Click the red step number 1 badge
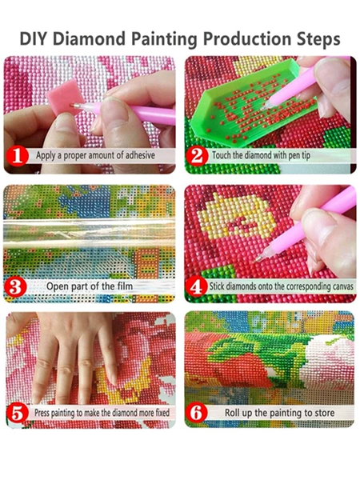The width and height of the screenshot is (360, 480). tap(17, 156)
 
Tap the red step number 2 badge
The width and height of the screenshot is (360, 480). tap(197, 156)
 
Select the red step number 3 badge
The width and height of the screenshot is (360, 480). tap(15, 287)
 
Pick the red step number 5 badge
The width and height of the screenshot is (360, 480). tap(17, 414)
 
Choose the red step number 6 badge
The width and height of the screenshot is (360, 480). tap(196, 414)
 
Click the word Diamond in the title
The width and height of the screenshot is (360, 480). tap(91, 39)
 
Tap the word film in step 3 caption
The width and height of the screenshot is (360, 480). tap(125, 286)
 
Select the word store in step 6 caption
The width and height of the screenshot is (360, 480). tap(322, 413)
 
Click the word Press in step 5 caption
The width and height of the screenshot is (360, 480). tap(42, 413)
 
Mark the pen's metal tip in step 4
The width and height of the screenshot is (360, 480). tap(258, 259)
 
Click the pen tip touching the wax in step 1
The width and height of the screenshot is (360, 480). tap(75, 106)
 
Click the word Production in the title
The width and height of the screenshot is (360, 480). tap(247, 39)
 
